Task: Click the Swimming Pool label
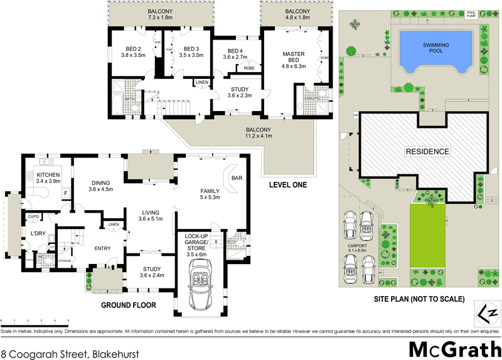tap(437, 45)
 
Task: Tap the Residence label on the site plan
tap(427, 151)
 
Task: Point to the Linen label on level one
tap(201, 83)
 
